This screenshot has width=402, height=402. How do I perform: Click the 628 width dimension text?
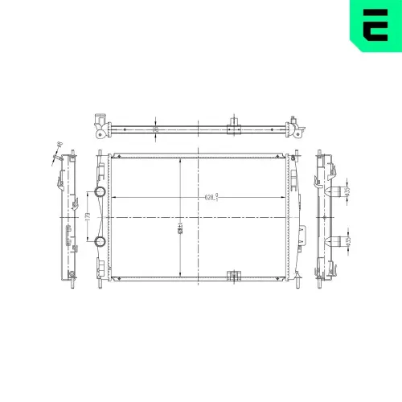pos(211,196)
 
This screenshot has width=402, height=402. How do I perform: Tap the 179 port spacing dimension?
pos(87,216)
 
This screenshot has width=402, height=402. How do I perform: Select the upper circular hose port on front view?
pos(100,193)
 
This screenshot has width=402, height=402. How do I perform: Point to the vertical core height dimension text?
pos(180,228)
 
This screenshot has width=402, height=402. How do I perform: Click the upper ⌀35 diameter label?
pos(347,191)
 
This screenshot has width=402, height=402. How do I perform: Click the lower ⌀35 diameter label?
pos(347,239)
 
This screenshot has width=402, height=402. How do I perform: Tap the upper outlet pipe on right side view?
pos(333,193)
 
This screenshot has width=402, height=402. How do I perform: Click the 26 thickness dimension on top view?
pos(156,127)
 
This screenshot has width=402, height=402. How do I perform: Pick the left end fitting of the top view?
pos(99,125)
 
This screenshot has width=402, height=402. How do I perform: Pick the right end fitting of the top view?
pos(296,126)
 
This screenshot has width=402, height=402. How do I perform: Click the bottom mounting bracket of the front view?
pos(235,276)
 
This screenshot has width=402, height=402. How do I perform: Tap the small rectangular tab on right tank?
pos(301,235)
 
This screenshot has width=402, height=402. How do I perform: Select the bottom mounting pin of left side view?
pos(72,276)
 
